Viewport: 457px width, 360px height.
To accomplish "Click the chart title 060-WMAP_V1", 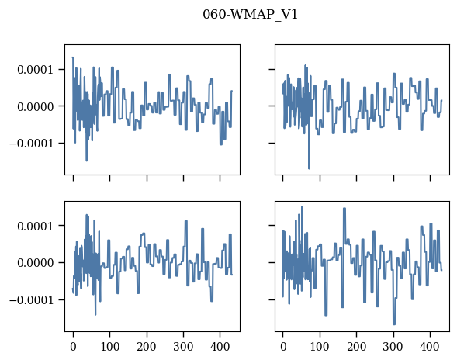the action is point(250,14).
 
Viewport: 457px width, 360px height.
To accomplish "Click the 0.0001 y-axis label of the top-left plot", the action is point(36,70).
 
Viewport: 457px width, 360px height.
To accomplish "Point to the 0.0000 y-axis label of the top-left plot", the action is point(36,107).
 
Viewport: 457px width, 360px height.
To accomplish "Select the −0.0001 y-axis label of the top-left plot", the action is point(32,144).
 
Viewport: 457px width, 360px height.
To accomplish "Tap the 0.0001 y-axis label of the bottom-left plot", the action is point(36,227).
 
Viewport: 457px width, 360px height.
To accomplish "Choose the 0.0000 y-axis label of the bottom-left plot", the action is point(36,263).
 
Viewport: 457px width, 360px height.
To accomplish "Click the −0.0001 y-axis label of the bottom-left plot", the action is point(32,300).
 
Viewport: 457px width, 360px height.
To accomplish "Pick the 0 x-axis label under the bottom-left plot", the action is point(73,347).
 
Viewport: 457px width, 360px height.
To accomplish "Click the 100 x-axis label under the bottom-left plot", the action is point(110,347).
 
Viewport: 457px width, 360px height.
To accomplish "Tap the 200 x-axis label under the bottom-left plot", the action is point(147,347).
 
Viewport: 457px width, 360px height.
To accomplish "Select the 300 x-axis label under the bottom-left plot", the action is point(183,347).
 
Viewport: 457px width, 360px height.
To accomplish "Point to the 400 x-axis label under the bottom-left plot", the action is point(220,347).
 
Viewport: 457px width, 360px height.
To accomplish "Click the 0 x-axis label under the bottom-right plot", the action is point(283,347).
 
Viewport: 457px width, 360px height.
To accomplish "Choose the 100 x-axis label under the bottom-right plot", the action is point(320,347).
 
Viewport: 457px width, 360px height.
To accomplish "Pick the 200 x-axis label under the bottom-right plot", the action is point(356,347).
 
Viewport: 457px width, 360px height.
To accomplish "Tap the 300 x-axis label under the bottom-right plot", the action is point(393,347).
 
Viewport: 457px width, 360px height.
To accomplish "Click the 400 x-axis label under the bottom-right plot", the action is point(430,347).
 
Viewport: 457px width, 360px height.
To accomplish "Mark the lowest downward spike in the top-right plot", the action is point(309,168).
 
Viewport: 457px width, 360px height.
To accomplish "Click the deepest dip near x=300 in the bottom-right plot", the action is point(394,324).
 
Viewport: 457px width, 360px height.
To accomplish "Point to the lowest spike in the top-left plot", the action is point(87,161).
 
